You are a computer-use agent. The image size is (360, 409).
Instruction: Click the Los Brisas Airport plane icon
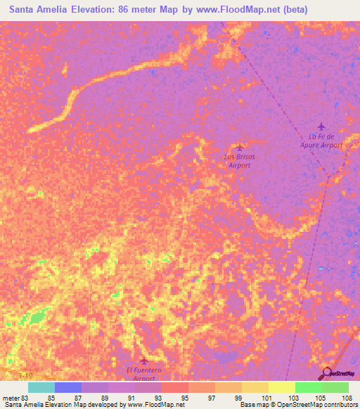(240, 146)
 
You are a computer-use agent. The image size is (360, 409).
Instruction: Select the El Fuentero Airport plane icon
(144, 361)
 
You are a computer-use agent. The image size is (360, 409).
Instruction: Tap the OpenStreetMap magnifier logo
(327, 373)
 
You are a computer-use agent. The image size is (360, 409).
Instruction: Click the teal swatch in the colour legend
(41, 387)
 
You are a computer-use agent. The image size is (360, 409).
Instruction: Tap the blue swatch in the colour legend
(68, 387)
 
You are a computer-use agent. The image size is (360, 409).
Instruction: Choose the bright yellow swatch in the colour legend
(282, 387)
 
